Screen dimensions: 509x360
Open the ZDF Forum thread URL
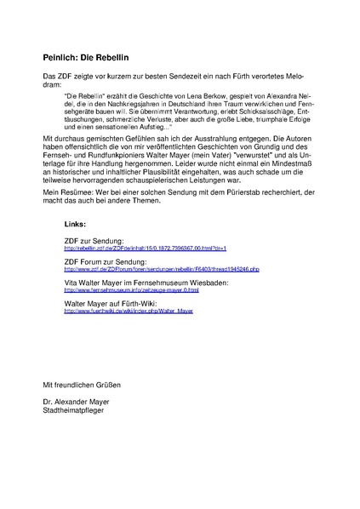click(162, 269)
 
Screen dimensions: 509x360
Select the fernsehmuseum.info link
click(132, 290)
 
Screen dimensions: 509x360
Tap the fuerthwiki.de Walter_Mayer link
click(129, 312)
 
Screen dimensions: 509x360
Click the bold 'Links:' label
click(75, 223)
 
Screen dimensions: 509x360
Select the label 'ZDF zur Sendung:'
click(94, 241)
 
